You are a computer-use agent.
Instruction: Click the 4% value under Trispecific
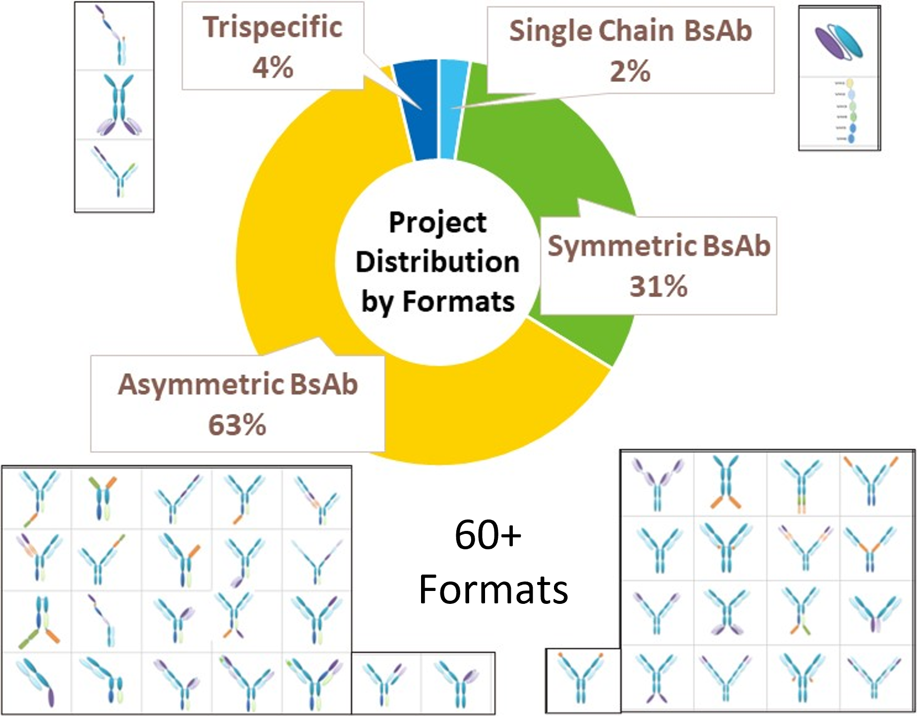point(273,67)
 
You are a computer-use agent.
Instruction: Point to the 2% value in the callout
point(630,71)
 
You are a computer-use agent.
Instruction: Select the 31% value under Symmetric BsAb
point(659,286)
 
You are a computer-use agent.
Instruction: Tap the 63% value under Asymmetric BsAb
point(237,425)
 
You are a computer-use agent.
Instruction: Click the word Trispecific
point(273,27)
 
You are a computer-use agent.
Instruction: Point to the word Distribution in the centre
point(437,261)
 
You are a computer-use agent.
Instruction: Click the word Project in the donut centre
point(437,222)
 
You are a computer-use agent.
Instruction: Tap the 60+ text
point(488,535)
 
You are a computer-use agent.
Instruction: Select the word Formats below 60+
point(493,589)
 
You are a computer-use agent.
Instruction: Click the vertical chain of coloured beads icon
point(850,112)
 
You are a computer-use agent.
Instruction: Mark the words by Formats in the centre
point(437,301)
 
